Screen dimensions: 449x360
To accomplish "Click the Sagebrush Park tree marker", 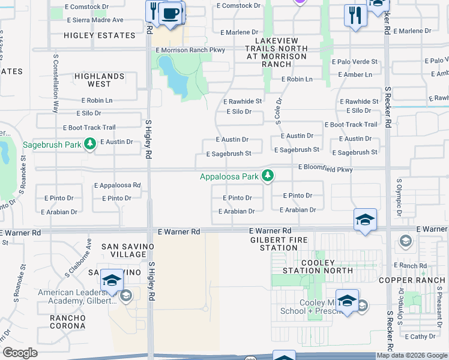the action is pos(90,143).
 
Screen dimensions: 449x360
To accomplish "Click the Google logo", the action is pos(20,353).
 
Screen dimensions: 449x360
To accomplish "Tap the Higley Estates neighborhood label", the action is pos(94,35).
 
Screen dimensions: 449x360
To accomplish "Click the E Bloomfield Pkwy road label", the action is pos(325,170).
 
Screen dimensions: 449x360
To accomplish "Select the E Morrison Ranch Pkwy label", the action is pos(190,50).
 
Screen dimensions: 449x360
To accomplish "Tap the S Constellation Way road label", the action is pos(55,90).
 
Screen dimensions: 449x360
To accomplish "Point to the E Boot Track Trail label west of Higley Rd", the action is pos(89,128).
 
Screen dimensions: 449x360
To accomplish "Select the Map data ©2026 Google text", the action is pos(412,355).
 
